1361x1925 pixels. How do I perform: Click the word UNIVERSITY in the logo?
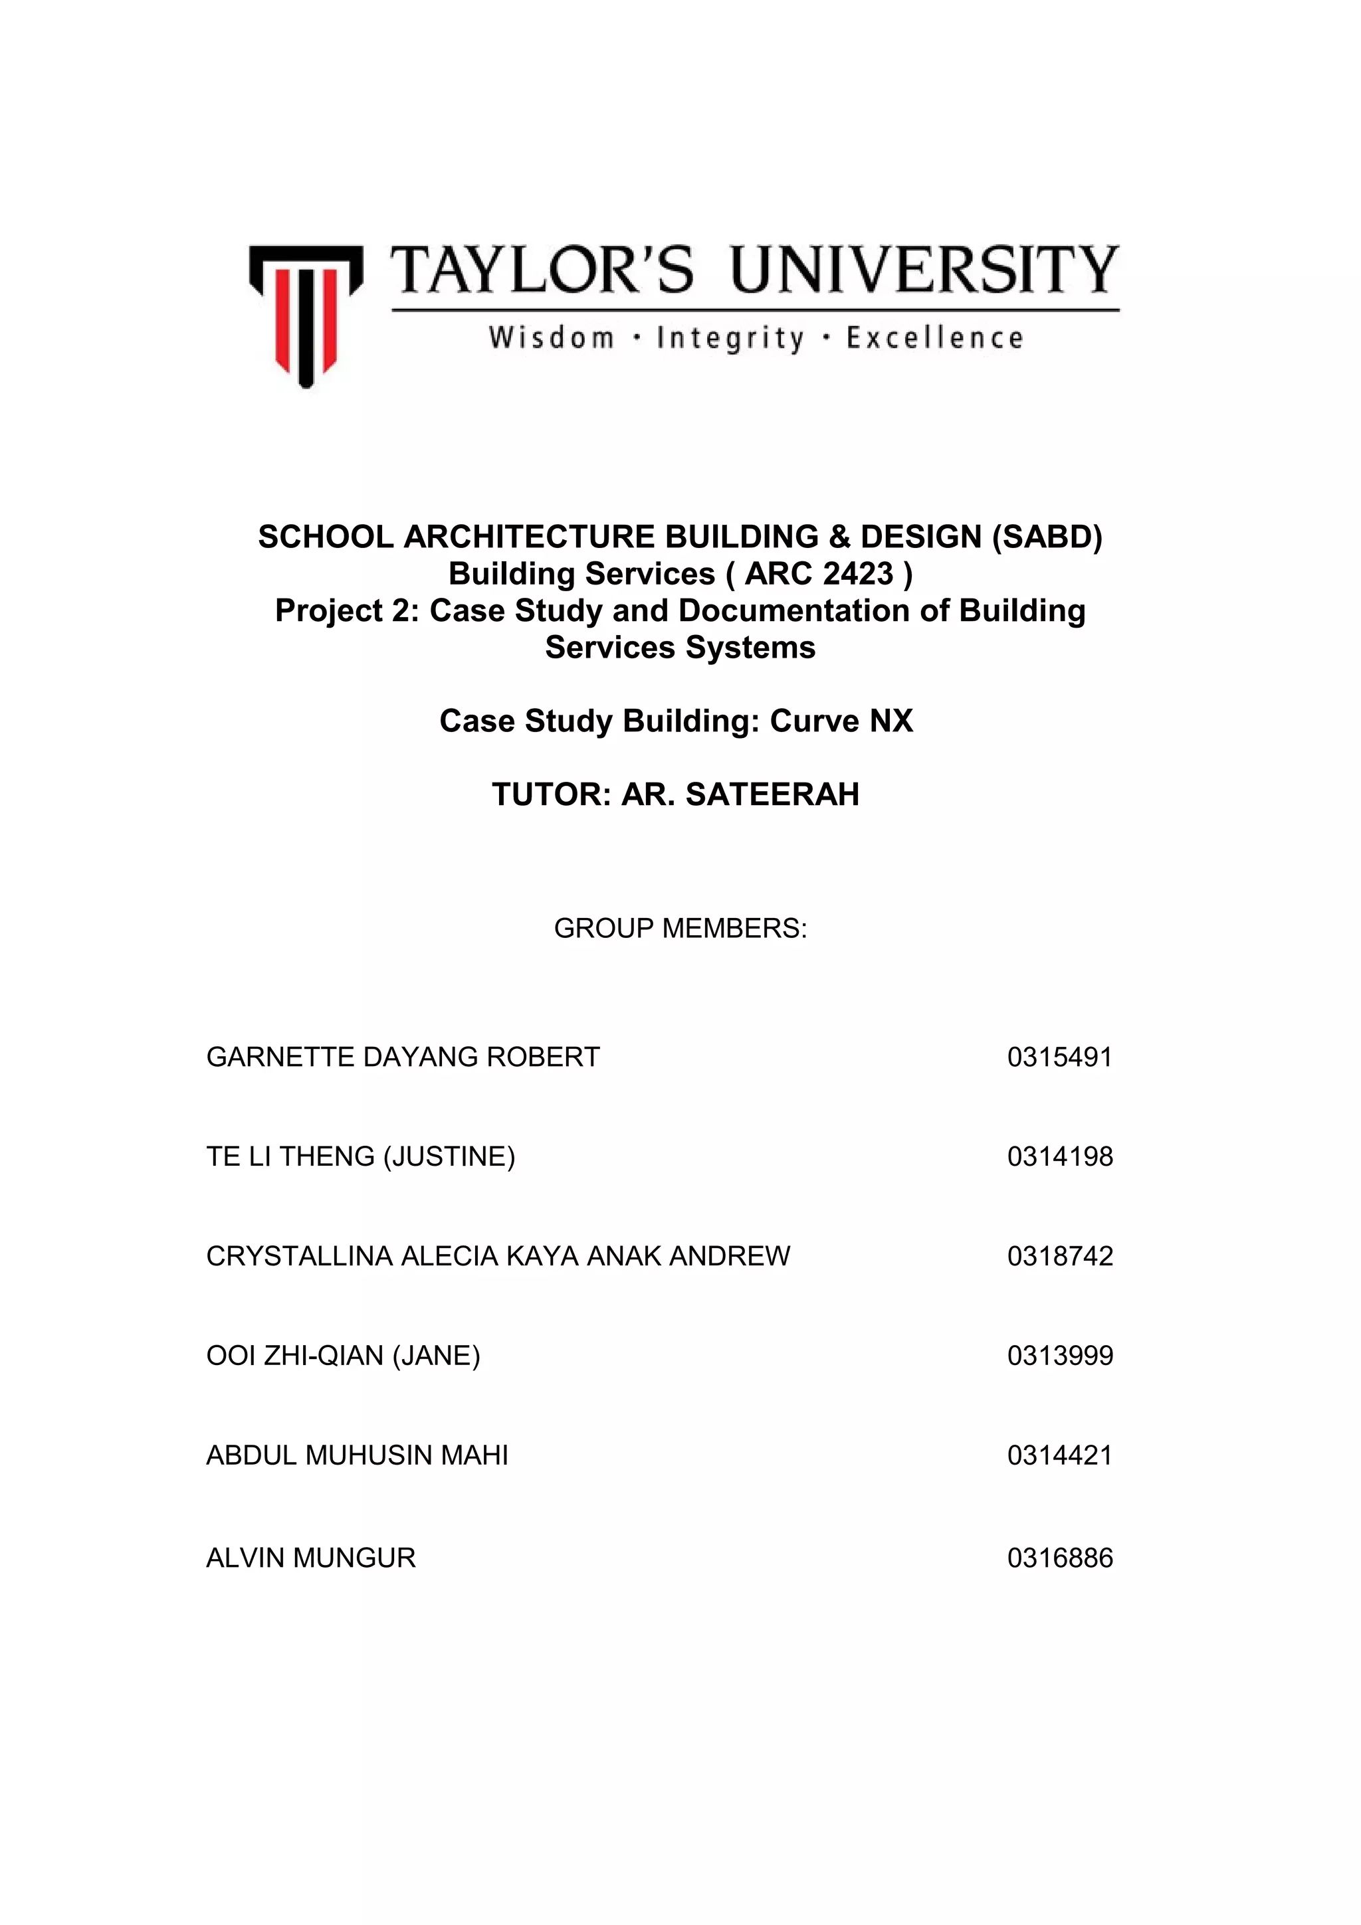coord(925,270)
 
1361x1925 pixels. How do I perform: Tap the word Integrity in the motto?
coord(730,339)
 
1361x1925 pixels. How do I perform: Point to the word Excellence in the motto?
coord(934,339)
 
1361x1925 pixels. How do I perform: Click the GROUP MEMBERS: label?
coord(680,928)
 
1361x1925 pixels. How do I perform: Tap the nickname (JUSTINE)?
coord(449,1156)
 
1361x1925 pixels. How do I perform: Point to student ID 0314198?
coord(1060,1156)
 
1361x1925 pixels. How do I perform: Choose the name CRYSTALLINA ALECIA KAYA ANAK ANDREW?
coord(498,1256)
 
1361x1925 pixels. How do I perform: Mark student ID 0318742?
coord(1060,1256)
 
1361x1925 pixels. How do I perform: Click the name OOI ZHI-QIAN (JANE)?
coord(343,1356)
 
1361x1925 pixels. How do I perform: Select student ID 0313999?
coord(1060,1356)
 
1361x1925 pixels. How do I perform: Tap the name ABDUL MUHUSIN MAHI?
coord(358,1455)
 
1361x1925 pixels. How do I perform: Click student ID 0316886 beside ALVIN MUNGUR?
coord(1060,1558)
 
